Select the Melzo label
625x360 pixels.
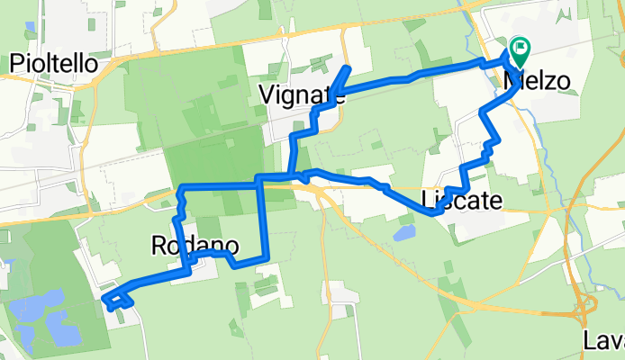(538, 81)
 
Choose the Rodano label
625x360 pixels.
(195, 245)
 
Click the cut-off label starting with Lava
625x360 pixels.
(602, 341)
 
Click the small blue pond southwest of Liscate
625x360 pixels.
(403, 234)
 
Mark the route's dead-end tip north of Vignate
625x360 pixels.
(348, 68)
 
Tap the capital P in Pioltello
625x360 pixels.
(16, 63)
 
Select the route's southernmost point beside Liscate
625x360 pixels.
(433, 214)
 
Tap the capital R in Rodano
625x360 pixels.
(159, 245)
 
